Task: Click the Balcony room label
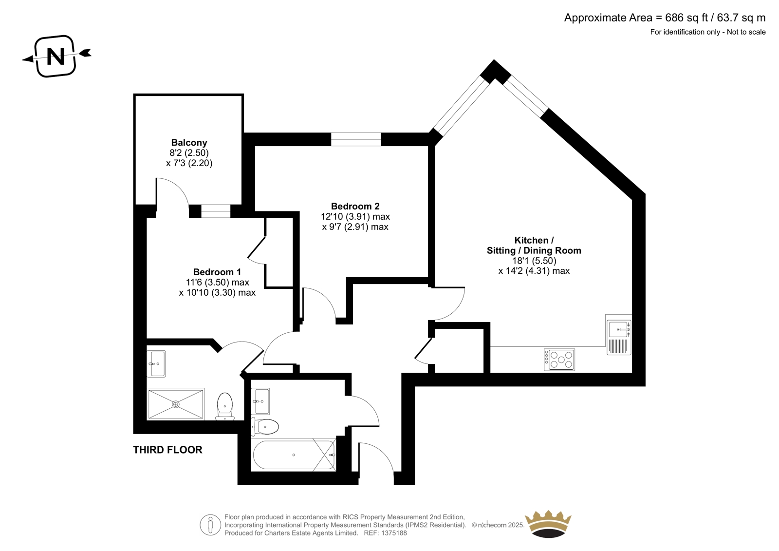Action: coord(189,142)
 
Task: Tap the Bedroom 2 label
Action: coord(355,206)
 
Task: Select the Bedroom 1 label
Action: coord(217,272)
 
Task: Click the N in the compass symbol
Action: coord(56,56)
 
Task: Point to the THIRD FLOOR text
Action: coord(167,450)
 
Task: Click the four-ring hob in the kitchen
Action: coord(559,360)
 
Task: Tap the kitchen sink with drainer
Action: coord(619,337)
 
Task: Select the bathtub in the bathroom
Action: coord(294,455)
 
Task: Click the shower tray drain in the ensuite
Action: coord(176,404)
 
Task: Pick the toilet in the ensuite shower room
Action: coord(225,406)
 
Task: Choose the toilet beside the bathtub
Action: coord(265,426)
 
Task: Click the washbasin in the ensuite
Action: coord(156,364)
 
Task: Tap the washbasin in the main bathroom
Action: coord(260,401)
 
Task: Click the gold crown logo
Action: coord(548,524)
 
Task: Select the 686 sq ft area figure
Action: coord(686,18)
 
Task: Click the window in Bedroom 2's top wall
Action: coord(356,139)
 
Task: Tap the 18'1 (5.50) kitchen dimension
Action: coord(534,260)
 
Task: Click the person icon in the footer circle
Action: coord(210,525)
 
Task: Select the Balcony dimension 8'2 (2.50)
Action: coord(189,152)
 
